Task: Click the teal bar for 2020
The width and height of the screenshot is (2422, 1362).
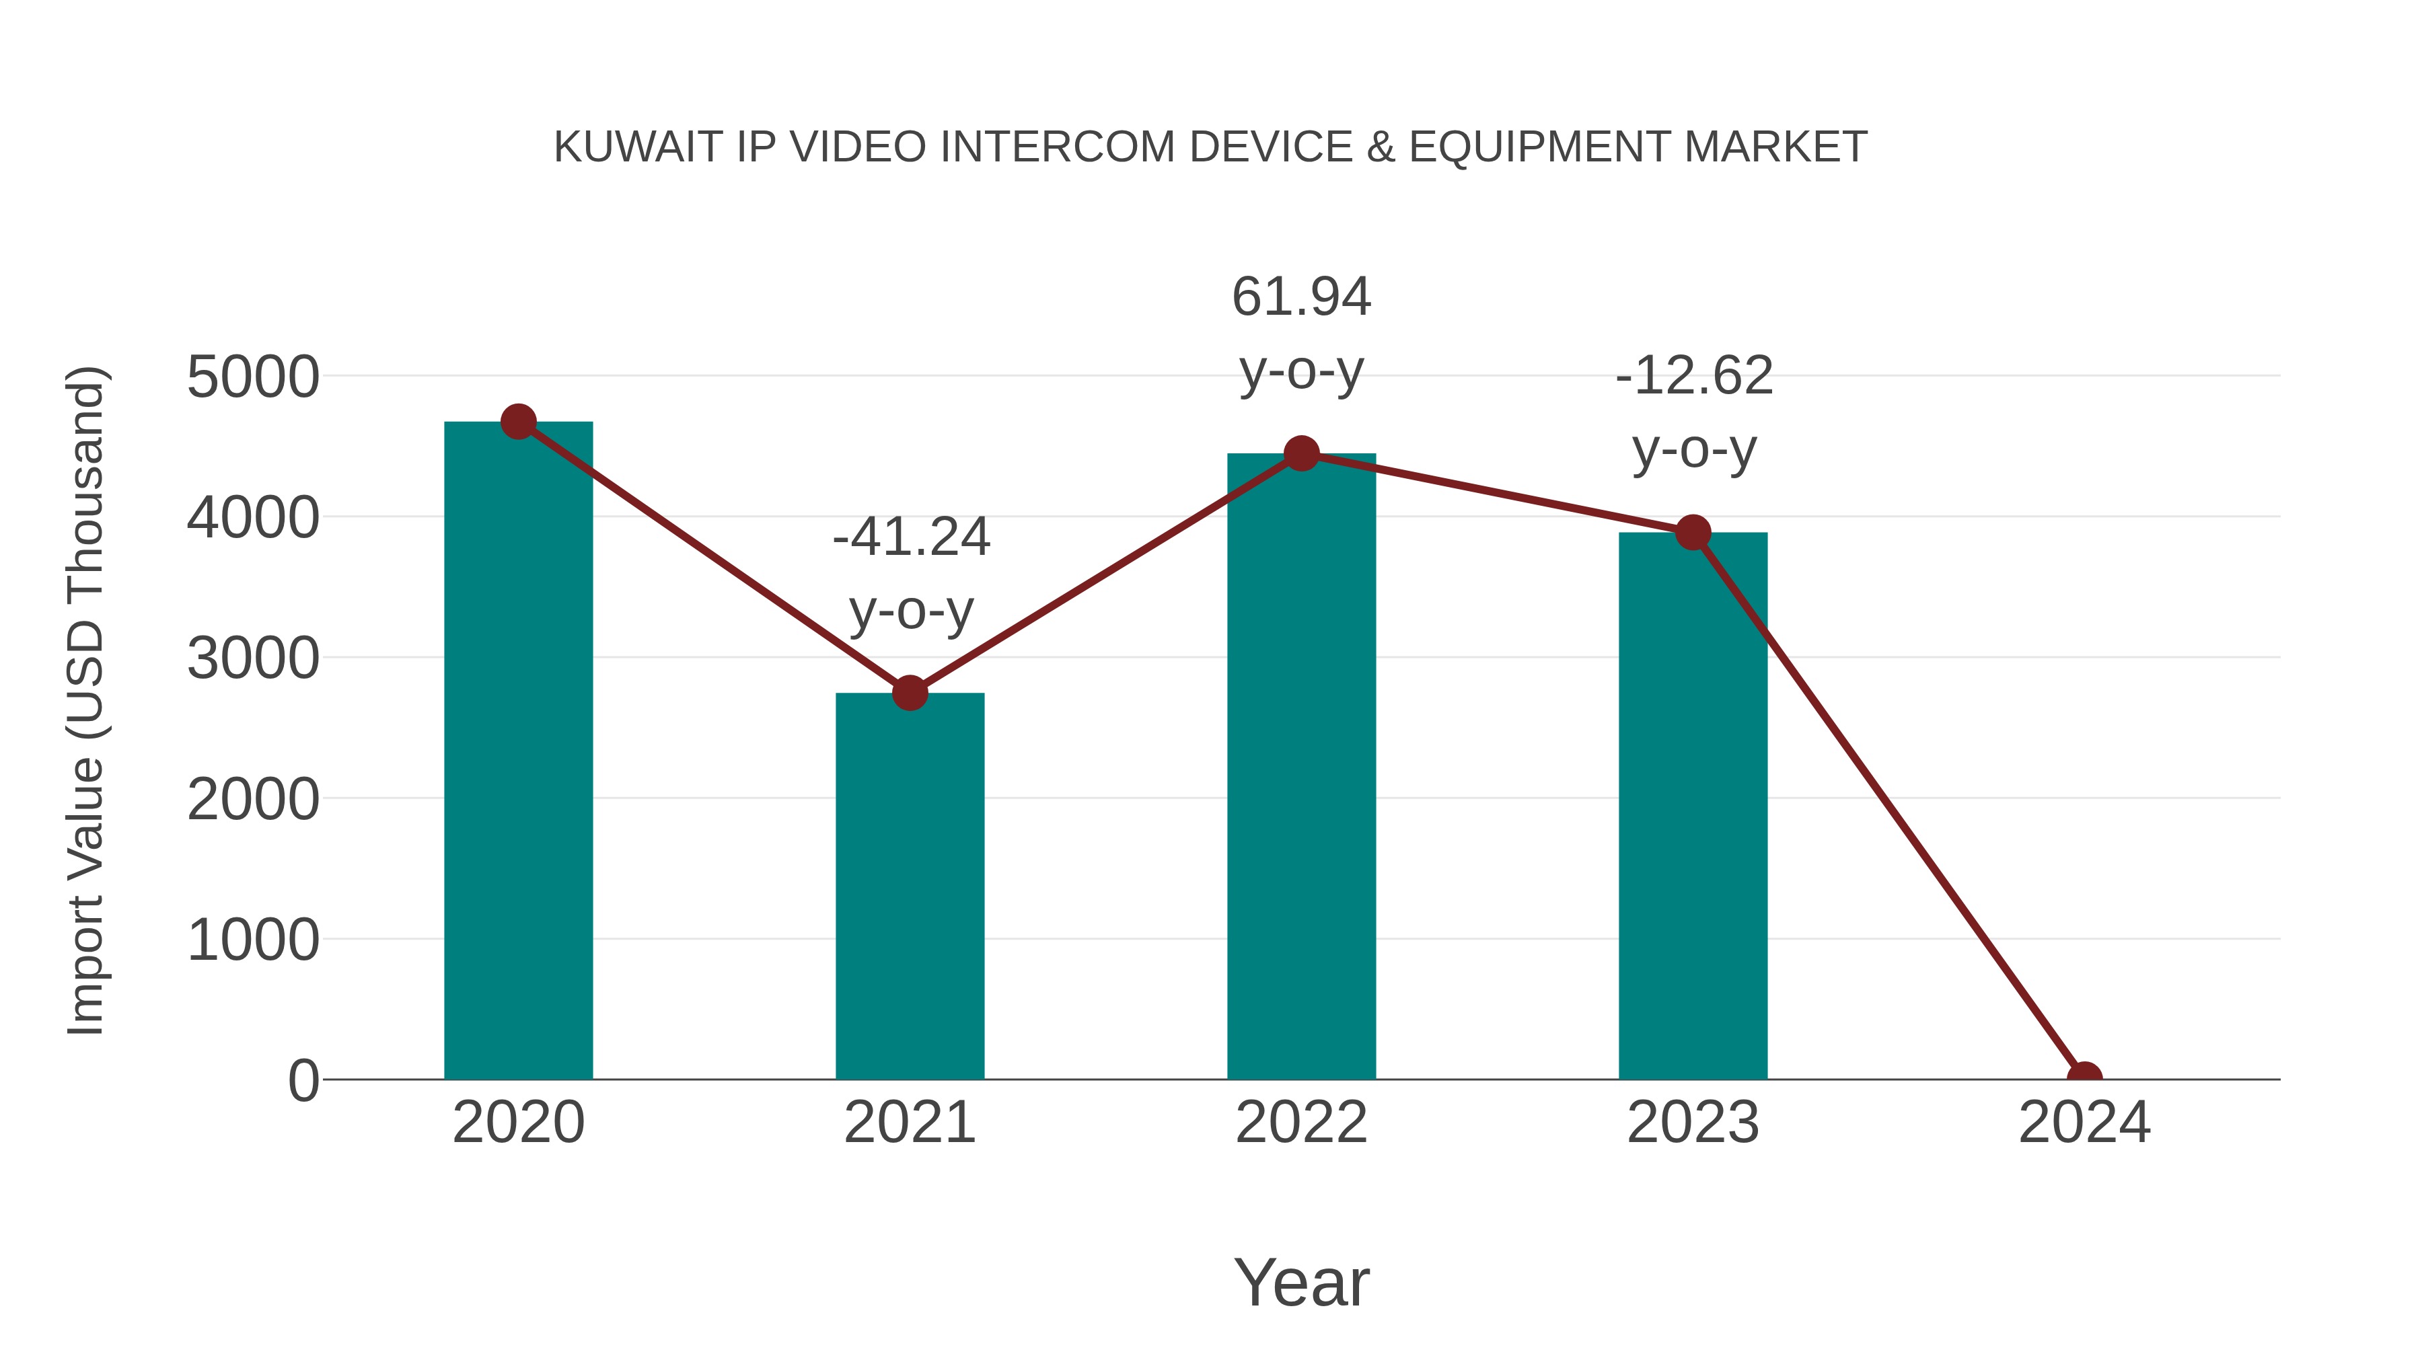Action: tap(518, 752)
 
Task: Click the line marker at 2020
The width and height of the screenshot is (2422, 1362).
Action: tap(518, 422)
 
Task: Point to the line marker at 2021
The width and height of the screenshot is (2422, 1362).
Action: tap(909, 693)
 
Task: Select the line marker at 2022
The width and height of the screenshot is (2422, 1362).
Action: tap(1301, 454)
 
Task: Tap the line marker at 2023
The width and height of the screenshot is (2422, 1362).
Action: tap(1693, 533)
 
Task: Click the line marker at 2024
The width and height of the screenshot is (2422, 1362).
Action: tap(2084, 1077)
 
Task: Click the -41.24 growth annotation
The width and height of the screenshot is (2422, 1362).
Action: tap(911, 573)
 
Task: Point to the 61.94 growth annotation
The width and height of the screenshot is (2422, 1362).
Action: tap(1301, 334)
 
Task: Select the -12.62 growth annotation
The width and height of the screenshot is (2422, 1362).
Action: tap(1694, 413)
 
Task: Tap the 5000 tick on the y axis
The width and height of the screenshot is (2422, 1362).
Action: tap(253, 378)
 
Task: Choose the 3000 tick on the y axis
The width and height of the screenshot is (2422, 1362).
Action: tap(253, 659)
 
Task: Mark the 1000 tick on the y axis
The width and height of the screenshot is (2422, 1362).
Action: tap(253, 940)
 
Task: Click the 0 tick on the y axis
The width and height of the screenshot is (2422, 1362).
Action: tap(303, 1081)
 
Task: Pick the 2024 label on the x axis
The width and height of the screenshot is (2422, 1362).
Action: tap(2084, 1123)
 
